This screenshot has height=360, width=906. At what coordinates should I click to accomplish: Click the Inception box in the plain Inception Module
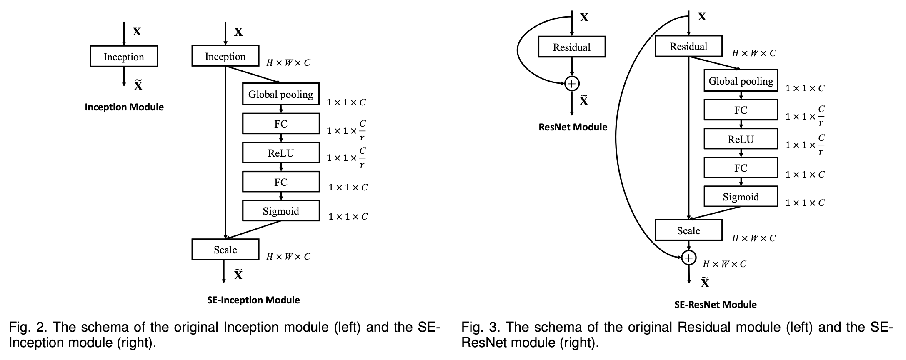pyautogui.click(x=124, y=57)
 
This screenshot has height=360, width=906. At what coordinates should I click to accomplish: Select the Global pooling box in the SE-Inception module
pyautogui.click(x=280, y=94)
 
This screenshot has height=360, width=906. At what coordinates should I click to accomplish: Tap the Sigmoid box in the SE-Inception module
pyautogui.click(x=280, y=211)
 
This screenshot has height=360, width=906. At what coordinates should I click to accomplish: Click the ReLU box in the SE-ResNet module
pyautogui.click(x=741, y=139)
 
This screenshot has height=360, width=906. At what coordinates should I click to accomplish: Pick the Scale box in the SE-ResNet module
pyautogui.click(x=688, y=230)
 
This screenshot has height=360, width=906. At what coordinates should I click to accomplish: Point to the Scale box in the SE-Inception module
pyautogui.click(x=225, y=250)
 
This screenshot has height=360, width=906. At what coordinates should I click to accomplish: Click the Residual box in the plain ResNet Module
pyautogui.click(x=571, y=47)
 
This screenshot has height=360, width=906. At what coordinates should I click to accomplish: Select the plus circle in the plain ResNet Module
pyautogui.click(x=572, y=84)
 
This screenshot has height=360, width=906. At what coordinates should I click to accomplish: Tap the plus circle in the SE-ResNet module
pyautogui.click(x=688, y=258)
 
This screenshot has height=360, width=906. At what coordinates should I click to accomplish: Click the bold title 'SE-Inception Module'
pyautogui.click(x=253, y=300)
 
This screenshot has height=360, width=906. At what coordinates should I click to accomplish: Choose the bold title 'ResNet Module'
pyautogui.click(x=573, y=127)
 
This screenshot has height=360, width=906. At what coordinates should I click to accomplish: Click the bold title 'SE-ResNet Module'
pyautogui.click(x=715, y=305)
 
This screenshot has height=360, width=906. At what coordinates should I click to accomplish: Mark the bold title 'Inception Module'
pyautogui.click(x=124, y=107)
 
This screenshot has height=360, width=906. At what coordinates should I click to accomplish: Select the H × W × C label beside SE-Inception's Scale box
pyautogui.click(x=288, y=257)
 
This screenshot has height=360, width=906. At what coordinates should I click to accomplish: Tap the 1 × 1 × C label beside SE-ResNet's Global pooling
pyautogui.click(x=805, y=88)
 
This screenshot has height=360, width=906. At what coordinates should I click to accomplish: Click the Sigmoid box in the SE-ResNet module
pyautogui.click(x=741, y=197)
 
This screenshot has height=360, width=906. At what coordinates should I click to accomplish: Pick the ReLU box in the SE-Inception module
pyautogui.click(x=280, y=153)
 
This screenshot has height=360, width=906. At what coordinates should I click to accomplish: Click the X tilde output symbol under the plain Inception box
pyautogui.click(x=138, y=85)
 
